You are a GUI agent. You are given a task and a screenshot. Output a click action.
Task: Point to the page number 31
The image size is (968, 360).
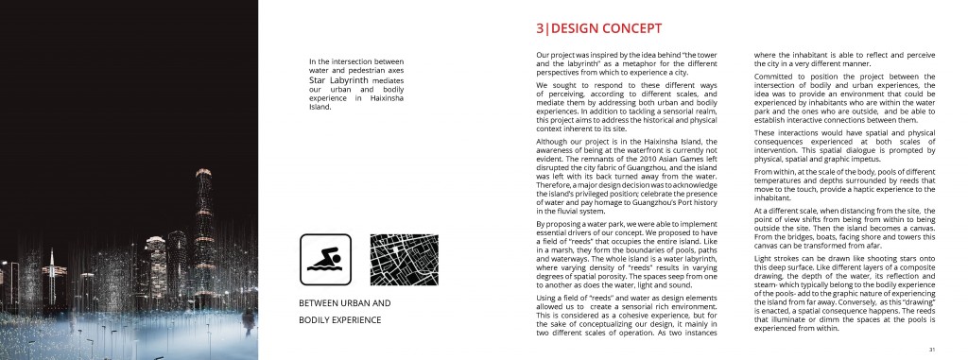931,348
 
